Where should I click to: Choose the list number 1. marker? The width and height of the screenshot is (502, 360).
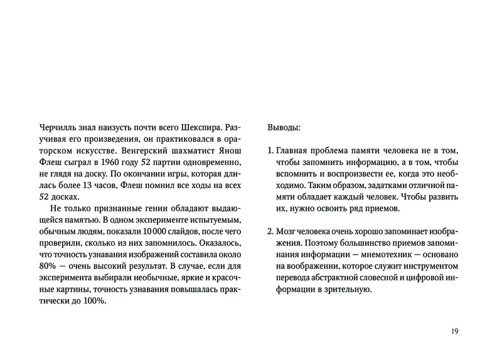[270, 151]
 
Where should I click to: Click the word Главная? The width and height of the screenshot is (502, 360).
[293, 151]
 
